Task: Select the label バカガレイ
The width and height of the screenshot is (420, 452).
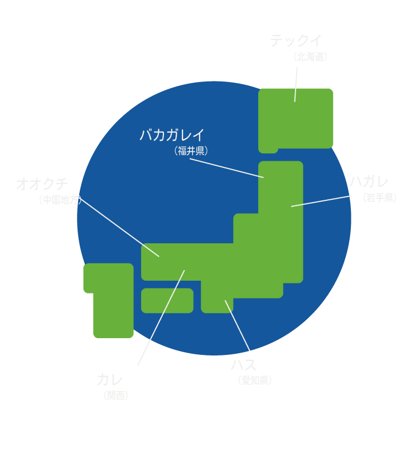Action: [x=172, y=135]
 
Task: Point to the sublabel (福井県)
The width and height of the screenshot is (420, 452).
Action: [x=191, y=151]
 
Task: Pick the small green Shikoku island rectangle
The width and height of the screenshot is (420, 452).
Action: [x=167, y=300]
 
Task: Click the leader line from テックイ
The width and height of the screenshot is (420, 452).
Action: [x=296, y=84]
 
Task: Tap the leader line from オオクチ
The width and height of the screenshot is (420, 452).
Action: [x=120, y=227]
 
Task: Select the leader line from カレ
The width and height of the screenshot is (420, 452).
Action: [x=161, y=318]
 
